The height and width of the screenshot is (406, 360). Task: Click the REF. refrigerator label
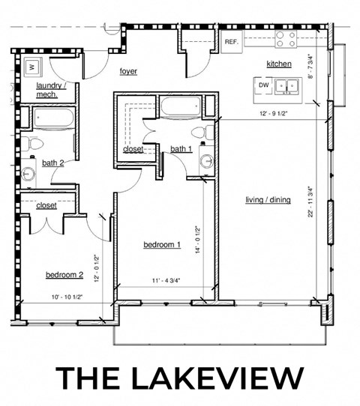(231, 42)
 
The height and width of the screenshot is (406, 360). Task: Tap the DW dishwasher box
(263, 85)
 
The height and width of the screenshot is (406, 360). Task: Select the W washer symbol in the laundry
(32, 66)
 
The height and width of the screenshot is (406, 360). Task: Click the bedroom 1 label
(162, 245)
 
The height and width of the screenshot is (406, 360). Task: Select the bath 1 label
(181, 149)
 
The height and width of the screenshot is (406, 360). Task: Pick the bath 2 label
(52, 163)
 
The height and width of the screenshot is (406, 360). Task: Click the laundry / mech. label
(52, 91)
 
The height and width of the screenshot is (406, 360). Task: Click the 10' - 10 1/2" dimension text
(61, 297)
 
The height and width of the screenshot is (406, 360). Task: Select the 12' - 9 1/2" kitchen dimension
(273, 115)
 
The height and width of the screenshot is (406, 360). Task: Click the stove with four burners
(285, 38)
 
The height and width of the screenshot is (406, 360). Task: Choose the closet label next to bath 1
(133, 149)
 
